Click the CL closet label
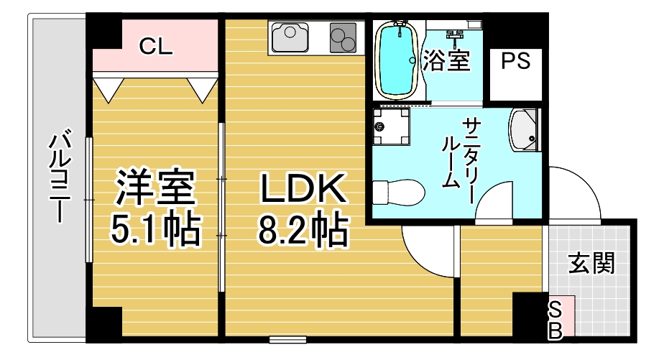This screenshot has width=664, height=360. tap(155, 46)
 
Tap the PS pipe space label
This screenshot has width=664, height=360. tap(515, 60)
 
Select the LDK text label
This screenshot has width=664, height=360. tap(303, 189)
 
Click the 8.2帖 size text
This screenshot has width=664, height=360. tap(303, 230)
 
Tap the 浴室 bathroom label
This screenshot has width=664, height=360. tap(447, 60)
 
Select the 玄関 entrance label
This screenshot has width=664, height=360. tap(591, 263)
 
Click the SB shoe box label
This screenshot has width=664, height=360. tap(555, 320)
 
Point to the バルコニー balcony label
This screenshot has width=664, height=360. tap(60, 175)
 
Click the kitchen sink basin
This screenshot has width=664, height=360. tap(290, 37)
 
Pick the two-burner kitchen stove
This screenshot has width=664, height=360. tap(343, 37)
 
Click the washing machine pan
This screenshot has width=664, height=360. tap(391, 126)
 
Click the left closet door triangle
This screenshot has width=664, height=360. tap(109, 88)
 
